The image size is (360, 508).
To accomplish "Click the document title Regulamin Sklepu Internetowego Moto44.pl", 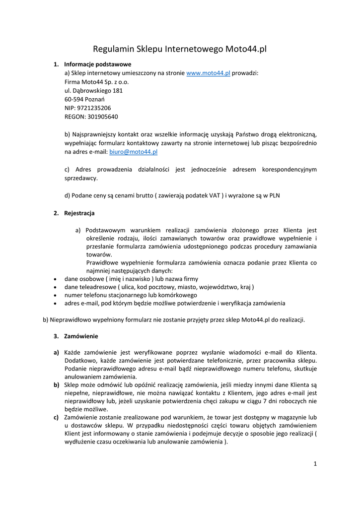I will click(x=180, y=49).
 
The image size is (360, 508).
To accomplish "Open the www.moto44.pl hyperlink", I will click(x=208, y=73).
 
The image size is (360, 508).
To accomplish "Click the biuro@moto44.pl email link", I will click(x=133, y=152).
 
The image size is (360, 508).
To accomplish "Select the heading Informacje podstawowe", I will click(x=97, y=64).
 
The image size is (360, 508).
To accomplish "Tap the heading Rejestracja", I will click(x=79, y=213).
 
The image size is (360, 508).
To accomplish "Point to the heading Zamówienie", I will click(x=81, y=336).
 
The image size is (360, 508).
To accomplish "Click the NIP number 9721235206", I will click(x=94, y=108).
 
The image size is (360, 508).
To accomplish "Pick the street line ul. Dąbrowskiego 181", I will click(x=93, y=90).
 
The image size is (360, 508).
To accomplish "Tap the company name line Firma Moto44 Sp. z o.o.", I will click(x=96, y=82).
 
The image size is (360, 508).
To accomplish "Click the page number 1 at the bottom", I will click(x=315, y=464).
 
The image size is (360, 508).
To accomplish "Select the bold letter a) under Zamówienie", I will click(x=57, y=352).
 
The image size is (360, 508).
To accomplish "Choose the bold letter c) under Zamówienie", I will click(x=57, y=417).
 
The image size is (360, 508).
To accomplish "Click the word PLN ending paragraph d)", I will click(x=274, y=195).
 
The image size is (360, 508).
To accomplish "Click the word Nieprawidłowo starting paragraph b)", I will click(x=70, y=319).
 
